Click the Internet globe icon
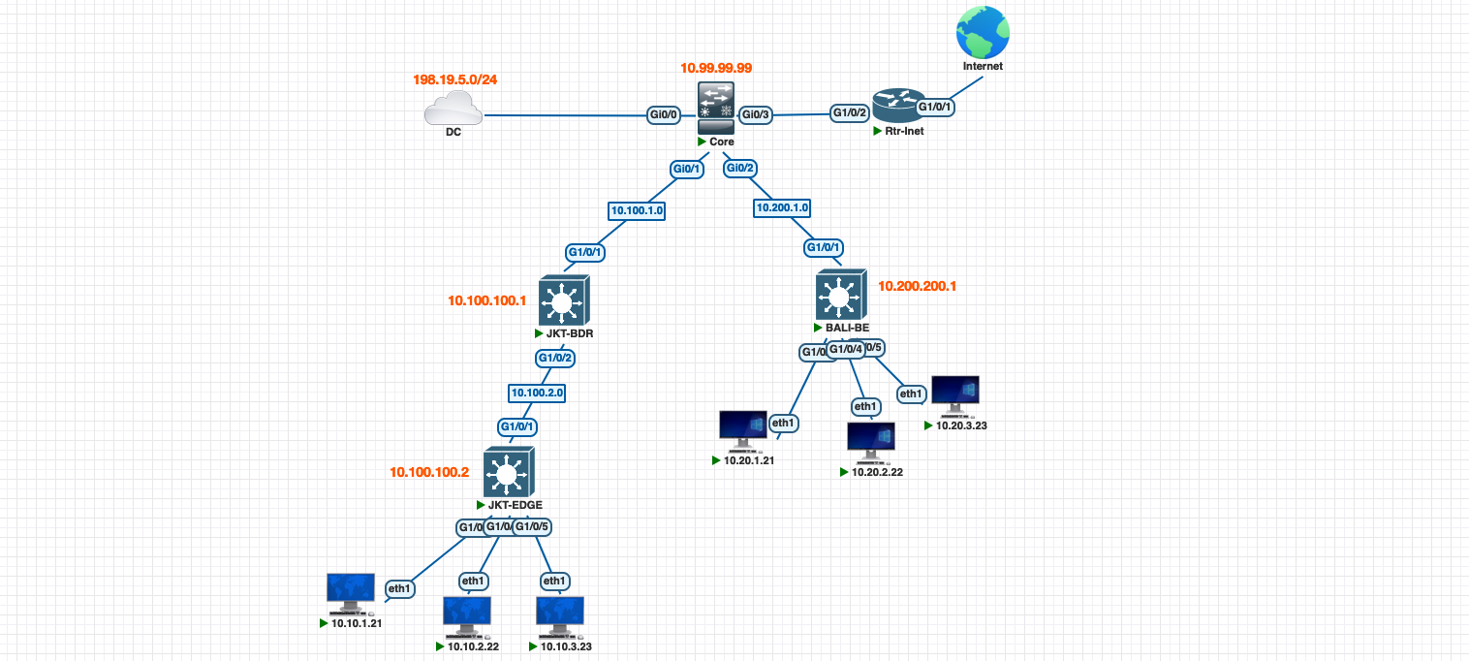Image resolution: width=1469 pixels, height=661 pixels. tap(982, 32)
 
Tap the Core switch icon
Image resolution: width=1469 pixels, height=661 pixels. tap(716, 107)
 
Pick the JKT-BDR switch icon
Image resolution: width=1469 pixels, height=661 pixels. tap(560, 299)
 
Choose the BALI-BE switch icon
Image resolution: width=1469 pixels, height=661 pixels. tap(839, 294)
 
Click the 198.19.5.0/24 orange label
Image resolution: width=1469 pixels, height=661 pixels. tap(454, 79)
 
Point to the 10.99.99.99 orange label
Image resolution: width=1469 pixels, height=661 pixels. tap(716, 68)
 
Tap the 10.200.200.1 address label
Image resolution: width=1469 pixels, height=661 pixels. tap(917, 287)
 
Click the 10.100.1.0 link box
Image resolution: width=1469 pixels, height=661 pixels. tap(637, 209)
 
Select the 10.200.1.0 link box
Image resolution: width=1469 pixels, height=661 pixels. tap(782, 207)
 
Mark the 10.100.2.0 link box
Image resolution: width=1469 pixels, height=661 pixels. tap(537, 393)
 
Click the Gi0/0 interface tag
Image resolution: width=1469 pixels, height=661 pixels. tap(664, 115)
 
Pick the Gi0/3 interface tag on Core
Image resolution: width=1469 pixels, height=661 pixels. tap(755, 115)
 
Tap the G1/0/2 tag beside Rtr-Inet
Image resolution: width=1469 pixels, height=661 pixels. tap(850, 112)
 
